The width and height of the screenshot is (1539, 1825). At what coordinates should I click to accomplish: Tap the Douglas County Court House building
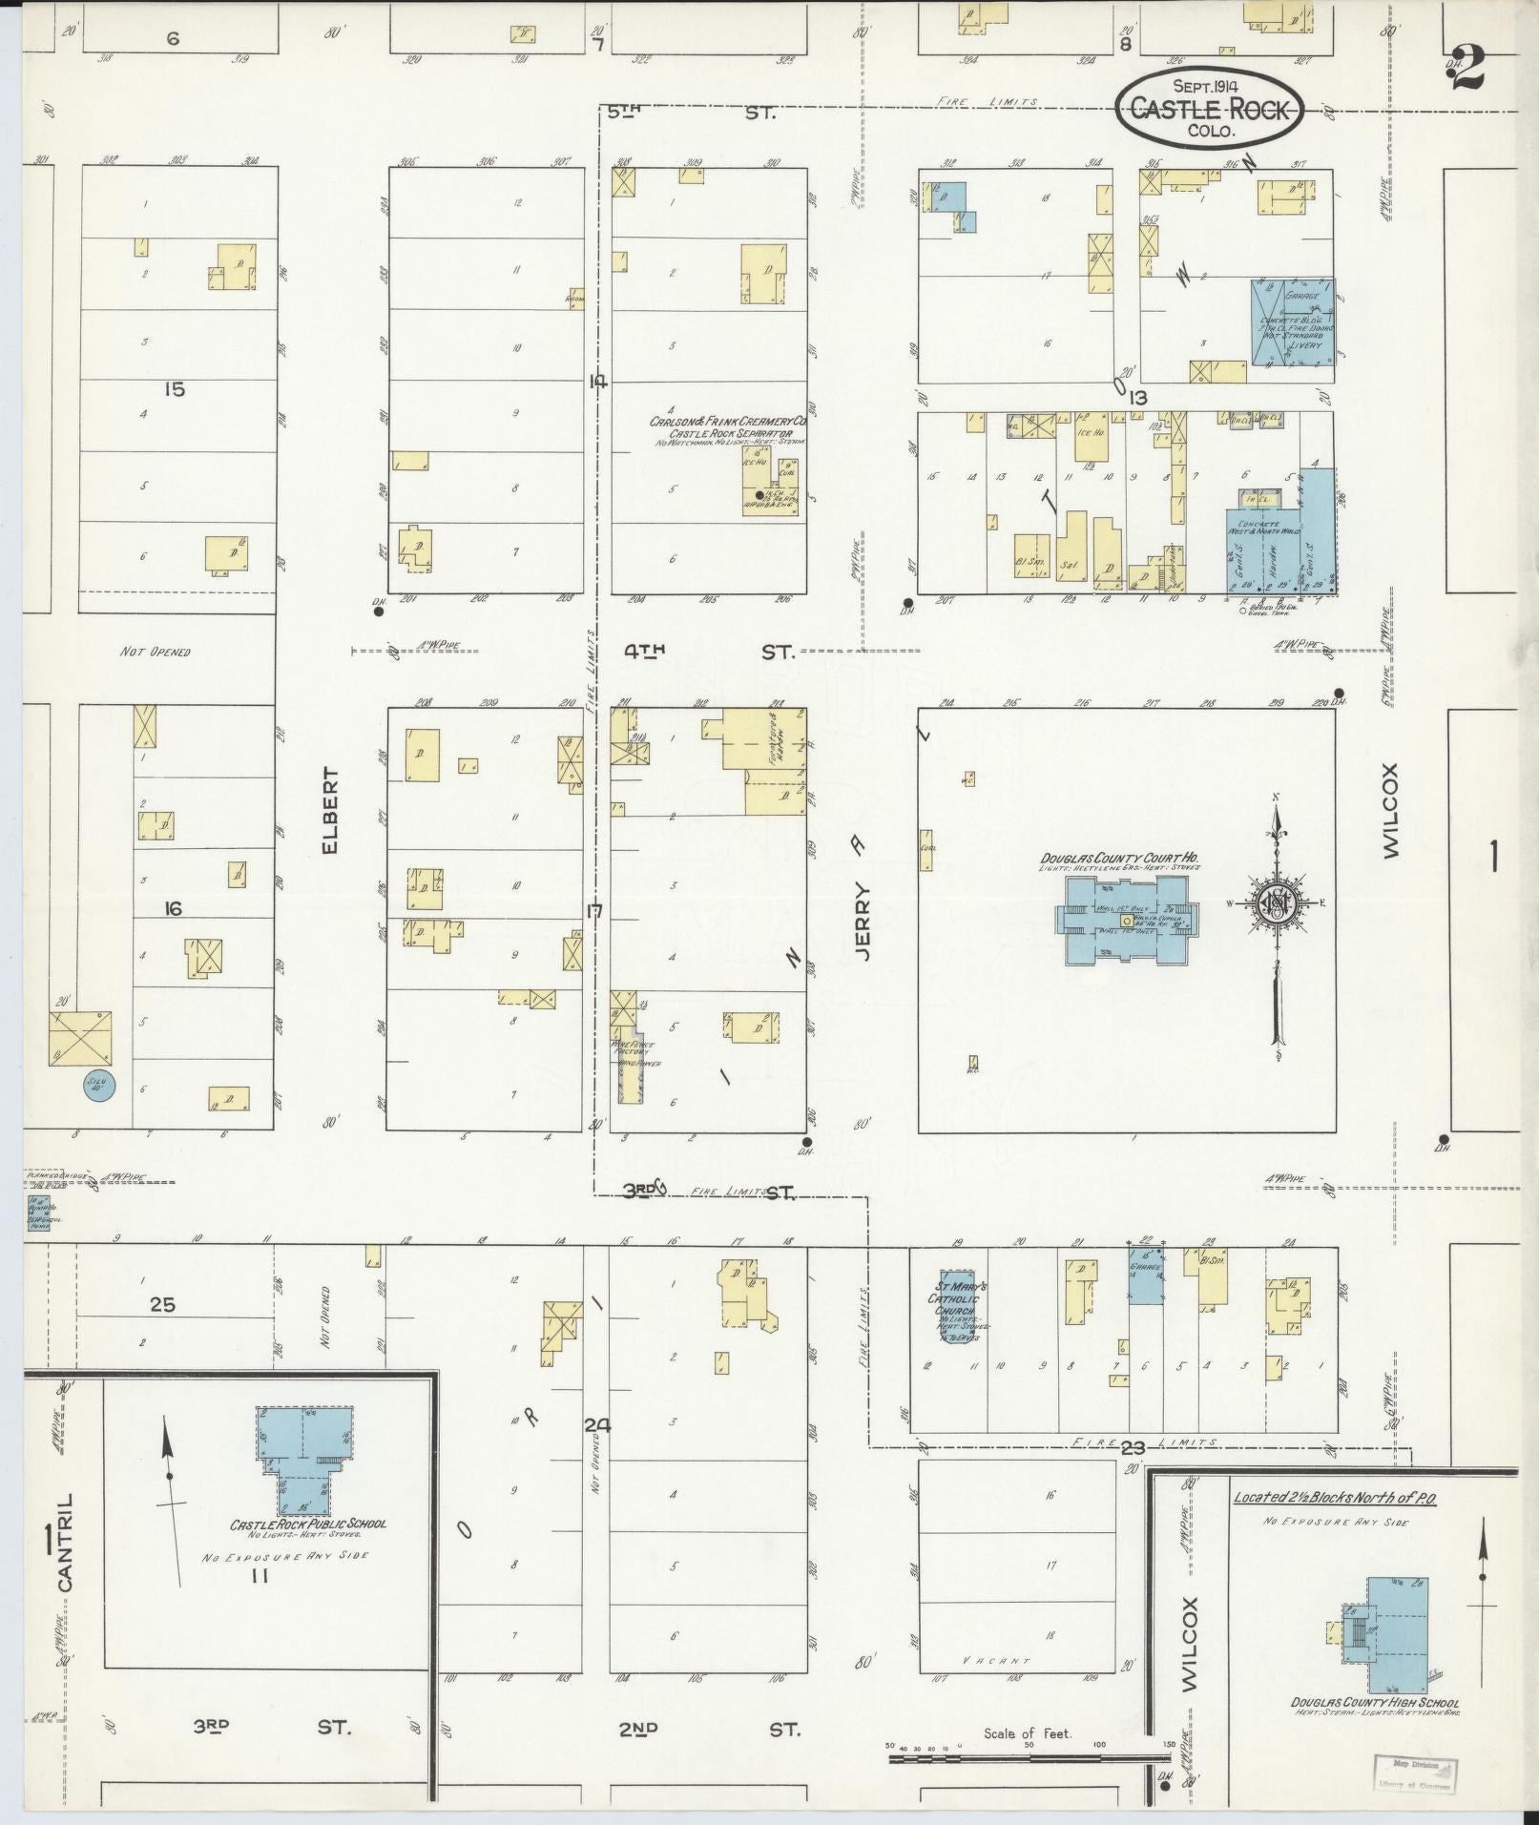(1126, 918)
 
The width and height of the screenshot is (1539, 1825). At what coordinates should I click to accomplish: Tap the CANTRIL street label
(65, 1555)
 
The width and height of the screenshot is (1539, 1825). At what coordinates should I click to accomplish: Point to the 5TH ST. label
(691, 113)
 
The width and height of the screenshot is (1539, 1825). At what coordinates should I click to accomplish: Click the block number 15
(174, 389)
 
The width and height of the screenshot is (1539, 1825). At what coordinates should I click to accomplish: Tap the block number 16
(172, 908)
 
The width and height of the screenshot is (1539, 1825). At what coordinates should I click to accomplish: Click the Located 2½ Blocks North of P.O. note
(1334, 1498)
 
